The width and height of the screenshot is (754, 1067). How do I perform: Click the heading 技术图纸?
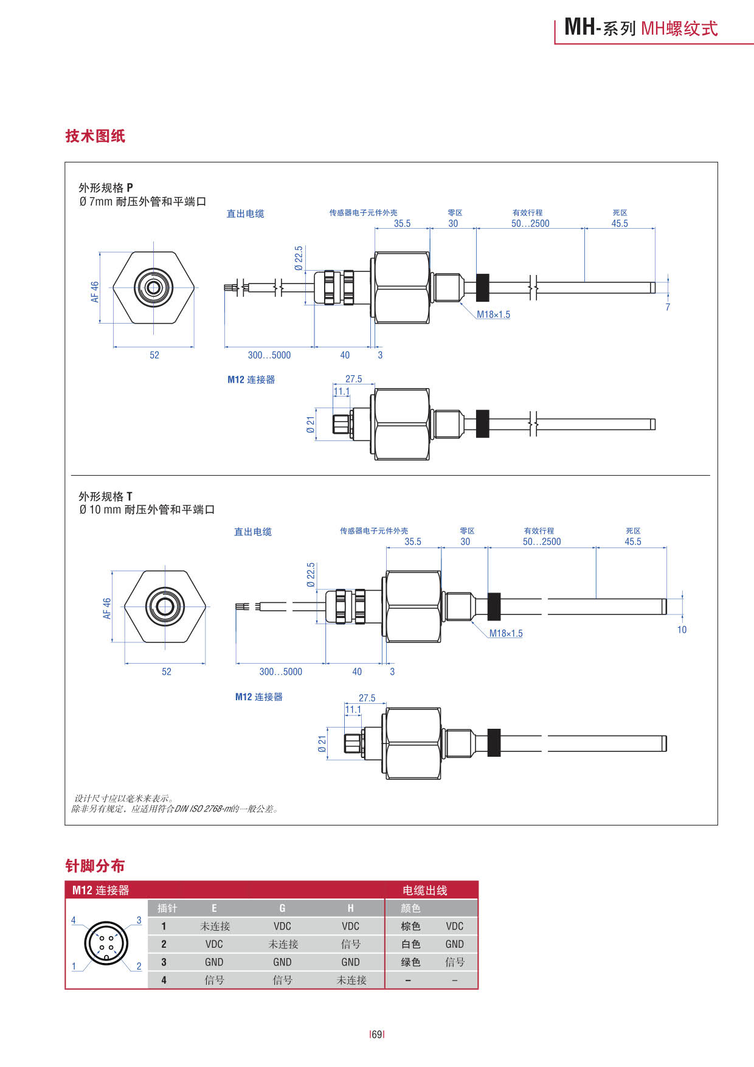click(x=95, y=136)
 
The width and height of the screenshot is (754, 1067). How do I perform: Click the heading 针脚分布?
click(x=95, y=866)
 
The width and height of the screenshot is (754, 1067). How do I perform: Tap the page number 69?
click(x=377, y=1034)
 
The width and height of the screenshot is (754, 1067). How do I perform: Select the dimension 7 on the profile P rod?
click(x=668, y=307)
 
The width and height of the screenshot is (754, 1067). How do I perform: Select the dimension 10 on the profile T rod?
click(x=682, y=630)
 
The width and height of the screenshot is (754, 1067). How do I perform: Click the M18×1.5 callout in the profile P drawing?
click(x=493, y=315)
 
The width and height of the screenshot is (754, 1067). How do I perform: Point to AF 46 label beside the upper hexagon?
click(x=95, y=291)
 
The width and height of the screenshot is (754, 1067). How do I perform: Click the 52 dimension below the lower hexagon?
click(x=167, y=672)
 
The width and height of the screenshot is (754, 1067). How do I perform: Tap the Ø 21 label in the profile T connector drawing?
click(x=322, y=743)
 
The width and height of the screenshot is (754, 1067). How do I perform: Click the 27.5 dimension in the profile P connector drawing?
click(x=353, y=379)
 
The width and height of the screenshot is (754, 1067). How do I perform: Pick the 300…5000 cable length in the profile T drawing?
click(x=280, y=672)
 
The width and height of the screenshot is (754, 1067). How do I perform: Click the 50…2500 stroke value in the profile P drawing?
click(x=530, y=223)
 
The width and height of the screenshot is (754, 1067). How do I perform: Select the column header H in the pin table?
click(x=350, y=908)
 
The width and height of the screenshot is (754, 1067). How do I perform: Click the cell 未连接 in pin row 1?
click(x=215, y=926)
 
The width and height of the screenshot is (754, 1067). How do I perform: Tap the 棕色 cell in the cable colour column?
click(x=410, y=926)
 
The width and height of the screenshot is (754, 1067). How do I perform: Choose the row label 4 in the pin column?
click(x=164, y=980)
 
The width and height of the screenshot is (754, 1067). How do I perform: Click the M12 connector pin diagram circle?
click(x=106, y=944)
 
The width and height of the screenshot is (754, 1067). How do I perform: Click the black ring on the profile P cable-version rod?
click(x=482, y=287)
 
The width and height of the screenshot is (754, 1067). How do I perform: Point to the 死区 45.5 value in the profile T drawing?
click(x=632, y=541)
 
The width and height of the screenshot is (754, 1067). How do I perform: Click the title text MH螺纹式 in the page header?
click(x=679, y=29)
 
